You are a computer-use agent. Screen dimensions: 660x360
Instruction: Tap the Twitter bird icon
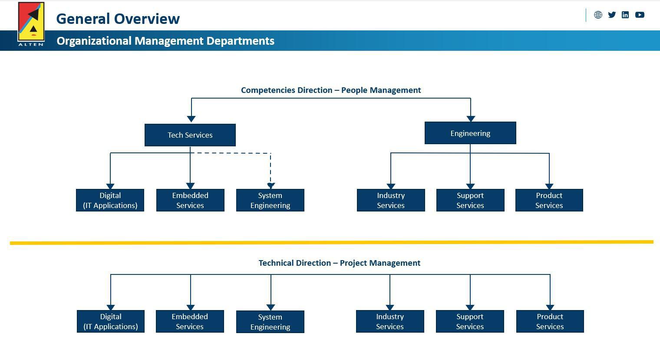pos(612,15)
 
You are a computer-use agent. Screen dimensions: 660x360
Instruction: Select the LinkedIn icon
pos(625,15)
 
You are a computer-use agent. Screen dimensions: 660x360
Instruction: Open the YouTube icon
pos(640,15)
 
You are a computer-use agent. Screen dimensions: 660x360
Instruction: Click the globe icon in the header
pos(598,15)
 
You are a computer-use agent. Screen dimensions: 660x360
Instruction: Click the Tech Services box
pos(190,135)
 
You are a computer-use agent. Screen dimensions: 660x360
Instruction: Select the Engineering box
pos(470,133)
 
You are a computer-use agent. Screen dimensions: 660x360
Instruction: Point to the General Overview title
pos(118,19)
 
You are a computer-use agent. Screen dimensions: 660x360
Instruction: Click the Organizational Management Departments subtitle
pos(165,41)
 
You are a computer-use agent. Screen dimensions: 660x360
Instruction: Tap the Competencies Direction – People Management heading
pos(331,90)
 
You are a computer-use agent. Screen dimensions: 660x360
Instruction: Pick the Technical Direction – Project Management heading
pos(340,263)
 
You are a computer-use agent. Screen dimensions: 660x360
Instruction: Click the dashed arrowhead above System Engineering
pos(271,186)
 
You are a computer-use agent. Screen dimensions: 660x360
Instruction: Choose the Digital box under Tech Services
pos(110,200)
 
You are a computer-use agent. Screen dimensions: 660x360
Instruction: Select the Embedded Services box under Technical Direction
pos(190,321)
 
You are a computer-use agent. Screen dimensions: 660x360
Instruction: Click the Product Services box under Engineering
pos(549,200)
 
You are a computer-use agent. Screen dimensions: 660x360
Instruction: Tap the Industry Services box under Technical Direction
pos(390,321)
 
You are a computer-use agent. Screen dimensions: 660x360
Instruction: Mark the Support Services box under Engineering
pos(470,200)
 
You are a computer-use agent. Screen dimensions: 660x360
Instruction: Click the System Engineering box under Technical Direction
pos(270,322)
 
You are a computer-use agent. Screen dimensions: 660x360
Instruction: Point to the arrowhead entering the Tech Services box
pos(191,119)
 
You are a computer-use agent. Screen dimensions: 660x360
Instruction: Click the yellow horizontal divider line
pos(332,242)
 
